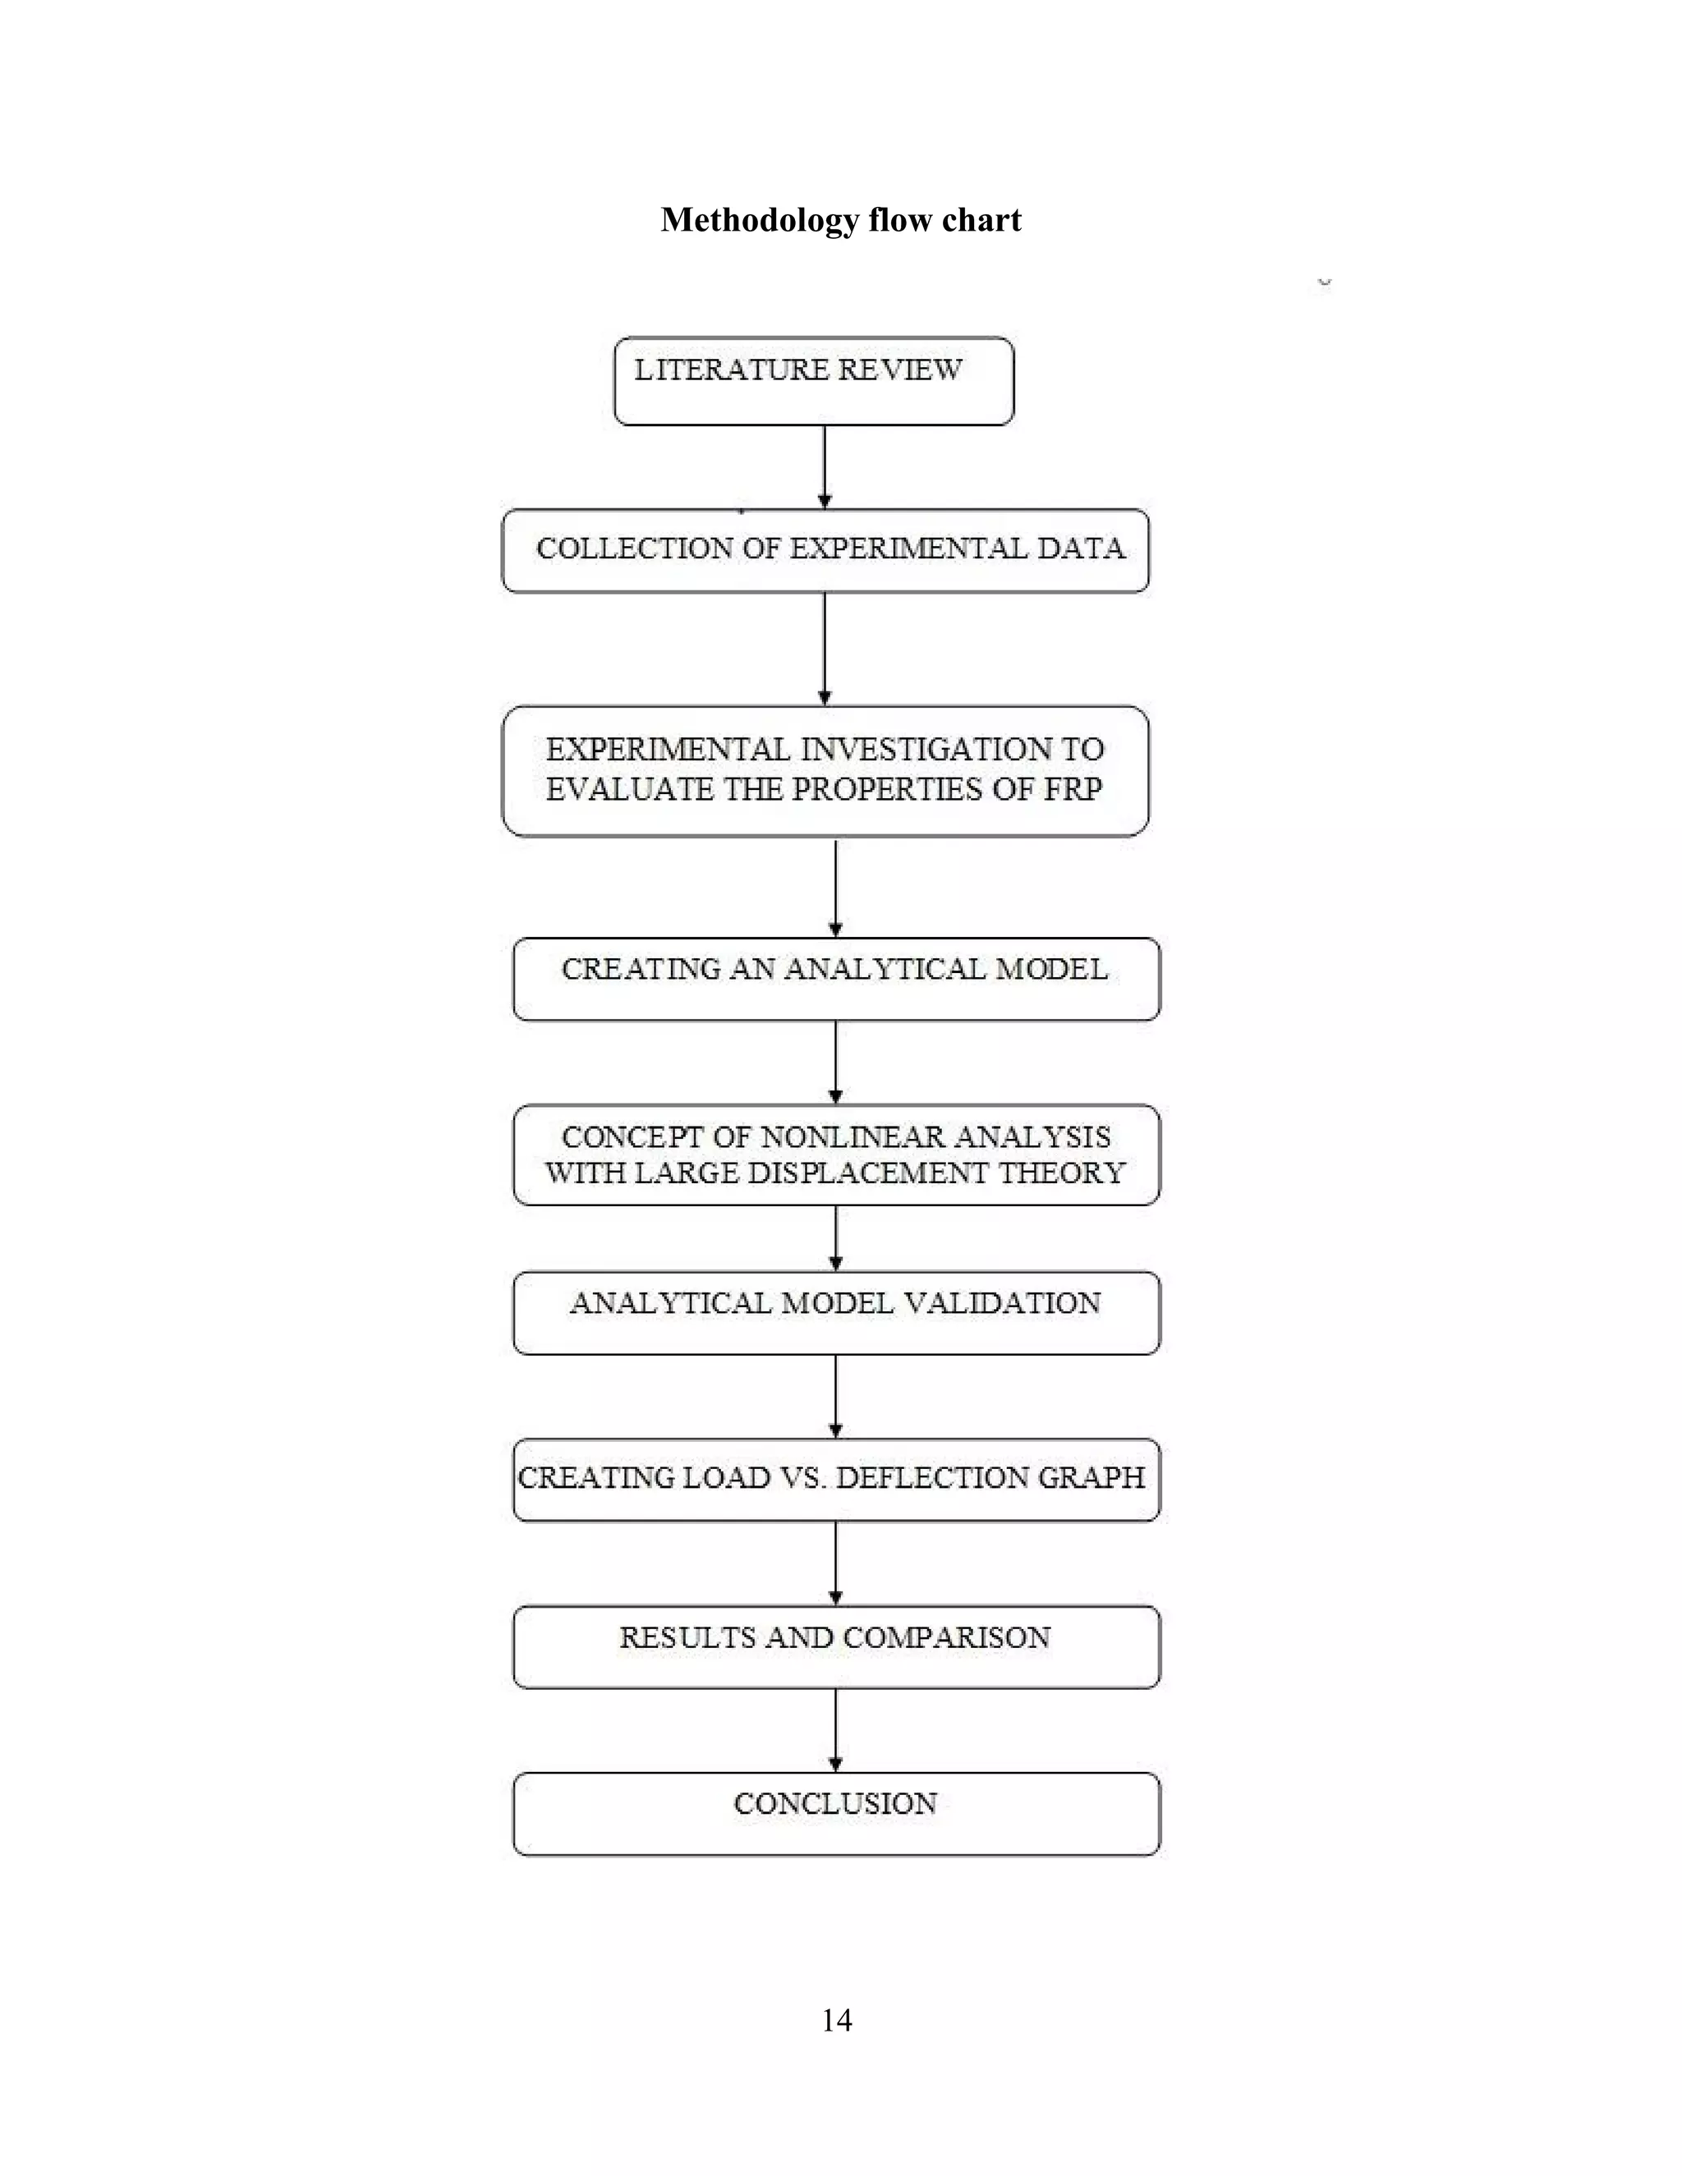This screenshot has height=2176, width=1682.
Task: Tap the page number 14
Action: click(837, 2020)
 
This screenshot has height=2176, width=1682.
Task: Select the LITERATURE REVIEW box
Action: click(813, 382)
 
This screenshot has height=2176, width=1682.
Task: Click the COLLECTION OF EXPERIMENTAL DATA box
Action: click(825, 551)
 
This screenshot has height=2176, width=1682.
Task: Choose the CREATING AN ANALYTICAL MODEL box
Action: click(836, 980)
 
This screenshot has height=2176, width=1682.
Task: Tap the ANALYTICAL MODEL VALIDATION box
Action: click(836, 1313)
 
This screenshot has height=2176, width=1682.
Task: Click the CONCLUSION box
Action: click(836, 1813)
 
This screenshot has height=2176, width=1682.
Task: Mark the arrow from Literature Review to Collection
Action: click(824, 467)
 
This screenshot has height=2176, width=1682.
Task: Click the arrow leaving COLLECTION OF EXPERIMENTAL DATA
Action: click(824, 649)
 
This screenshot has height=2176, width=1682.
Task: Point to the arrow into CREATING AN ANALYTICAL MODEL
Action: click(835, 888)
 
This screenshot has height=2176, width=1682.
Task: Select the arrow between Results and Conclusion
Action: click(835, 1731)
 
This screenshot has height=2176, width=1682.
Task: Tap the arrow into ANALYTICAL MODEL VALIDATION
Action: click(835, 1238)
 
